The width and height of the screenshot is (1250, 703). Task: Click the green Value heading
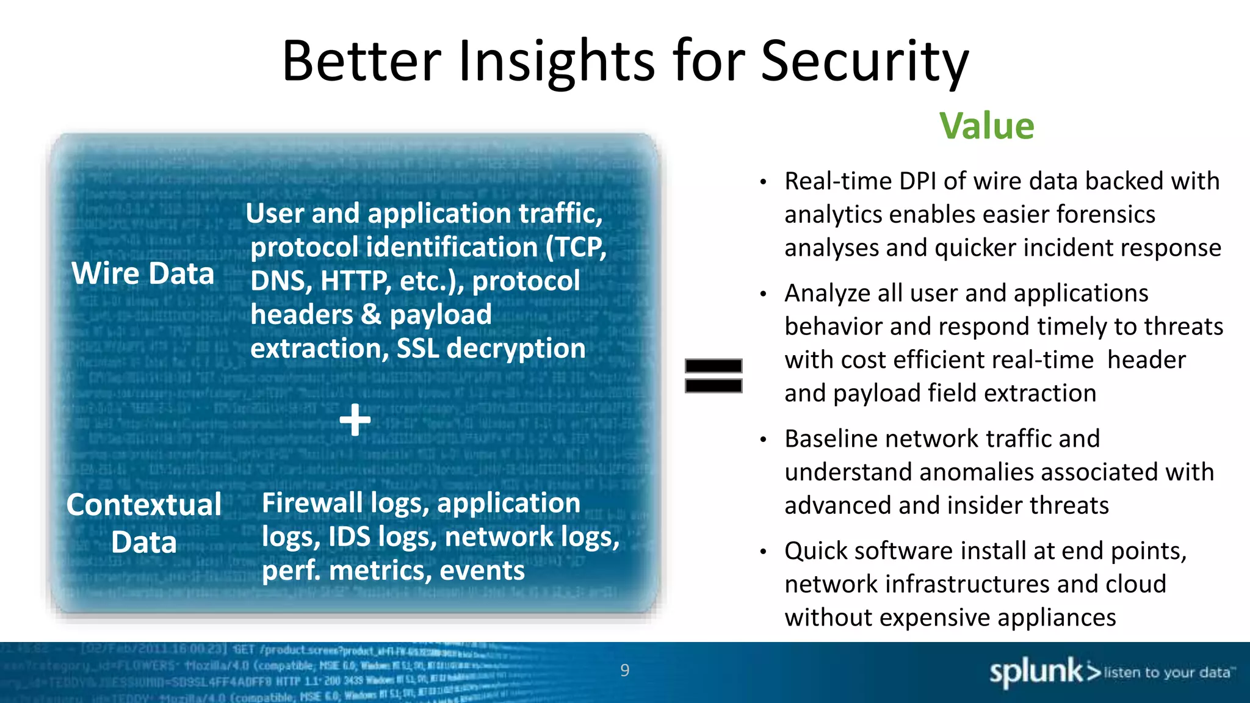986,126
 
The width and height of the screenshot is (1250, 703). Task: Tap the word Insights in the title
556,61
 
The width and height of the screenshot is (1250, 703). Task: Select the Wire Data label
143,273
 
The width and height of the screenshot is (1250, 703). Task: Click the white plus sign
355,420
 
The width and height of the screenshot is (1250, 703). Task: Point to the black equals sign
713,375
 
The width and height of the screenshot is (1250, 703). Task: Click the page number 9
624,670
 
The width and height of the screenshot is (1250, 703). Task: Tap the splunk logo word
1035,672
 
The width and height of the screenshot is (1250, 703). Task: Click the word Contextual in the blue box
144,505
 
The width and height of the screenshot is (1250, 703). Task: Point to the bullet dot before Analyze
763,294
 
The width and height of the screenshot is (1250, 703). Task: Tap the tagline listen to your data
1166,672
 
